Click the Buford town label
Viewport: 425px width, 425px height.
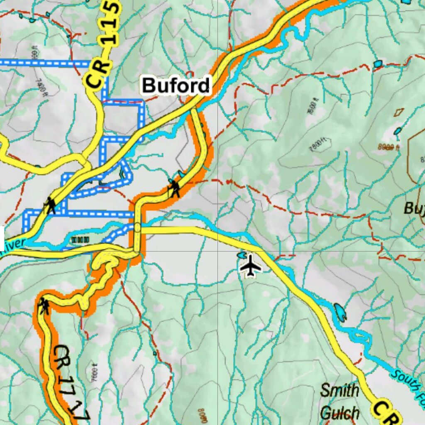pos(176,85)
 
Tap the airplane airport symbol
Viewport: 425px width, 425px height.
pos(251,266)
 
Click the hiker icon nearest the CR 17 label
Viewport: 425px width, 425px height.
pos(43,306)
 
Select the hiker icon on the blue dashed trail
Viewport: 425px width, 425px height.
pos(51,205)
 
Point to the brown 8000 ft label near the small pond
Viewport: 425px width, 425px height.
pos(388,147)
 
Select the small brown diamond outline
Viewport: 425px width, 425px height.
pos(399,112)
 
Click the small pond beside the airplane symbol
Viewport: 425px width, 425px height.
pos(241,255)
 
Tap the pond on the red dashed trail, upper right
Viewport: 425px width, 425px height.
pos(377,64)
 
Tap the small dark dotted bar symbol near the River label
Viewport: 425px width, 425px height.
pos(80,239)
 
